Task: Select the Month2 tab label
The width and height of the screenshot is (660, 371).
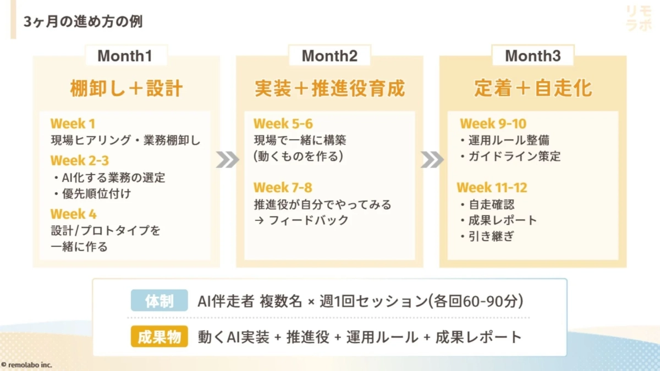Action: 329,56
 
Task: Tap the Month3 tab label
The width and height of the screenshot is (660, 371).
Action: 532,56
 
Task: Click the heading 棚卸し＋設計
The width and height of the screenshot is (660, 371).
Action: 126,88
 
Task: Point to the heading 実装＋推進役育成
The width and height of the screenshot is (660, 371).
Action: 329,88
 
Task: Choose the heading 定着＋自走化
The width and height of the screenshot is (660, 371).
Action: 533,88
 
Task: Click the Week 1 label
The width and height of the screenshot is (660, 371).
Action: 73,124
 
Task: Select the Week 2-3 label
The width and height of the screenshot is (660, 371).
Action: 79,160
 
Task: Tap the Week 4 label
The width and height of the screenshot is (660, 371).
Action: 73,214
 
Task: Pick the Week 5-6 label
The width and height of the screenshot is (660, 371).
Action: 283,124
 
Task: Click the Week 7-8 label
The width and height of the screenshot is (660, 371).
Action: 283,188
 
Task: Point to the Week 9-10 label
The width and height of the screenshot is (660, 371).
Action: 493,124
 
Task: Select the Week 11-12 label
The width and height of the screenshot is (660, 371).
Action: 492,188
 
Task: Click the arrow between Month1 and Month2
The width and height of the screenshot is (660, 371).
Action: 228,159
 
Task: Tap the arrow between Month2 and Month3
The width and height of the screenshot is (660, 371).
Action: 432,159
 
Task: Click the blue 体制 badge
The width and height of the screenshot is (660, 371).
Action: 159,301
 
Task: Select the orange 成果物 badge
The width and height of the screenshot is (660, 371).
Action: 159,337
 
